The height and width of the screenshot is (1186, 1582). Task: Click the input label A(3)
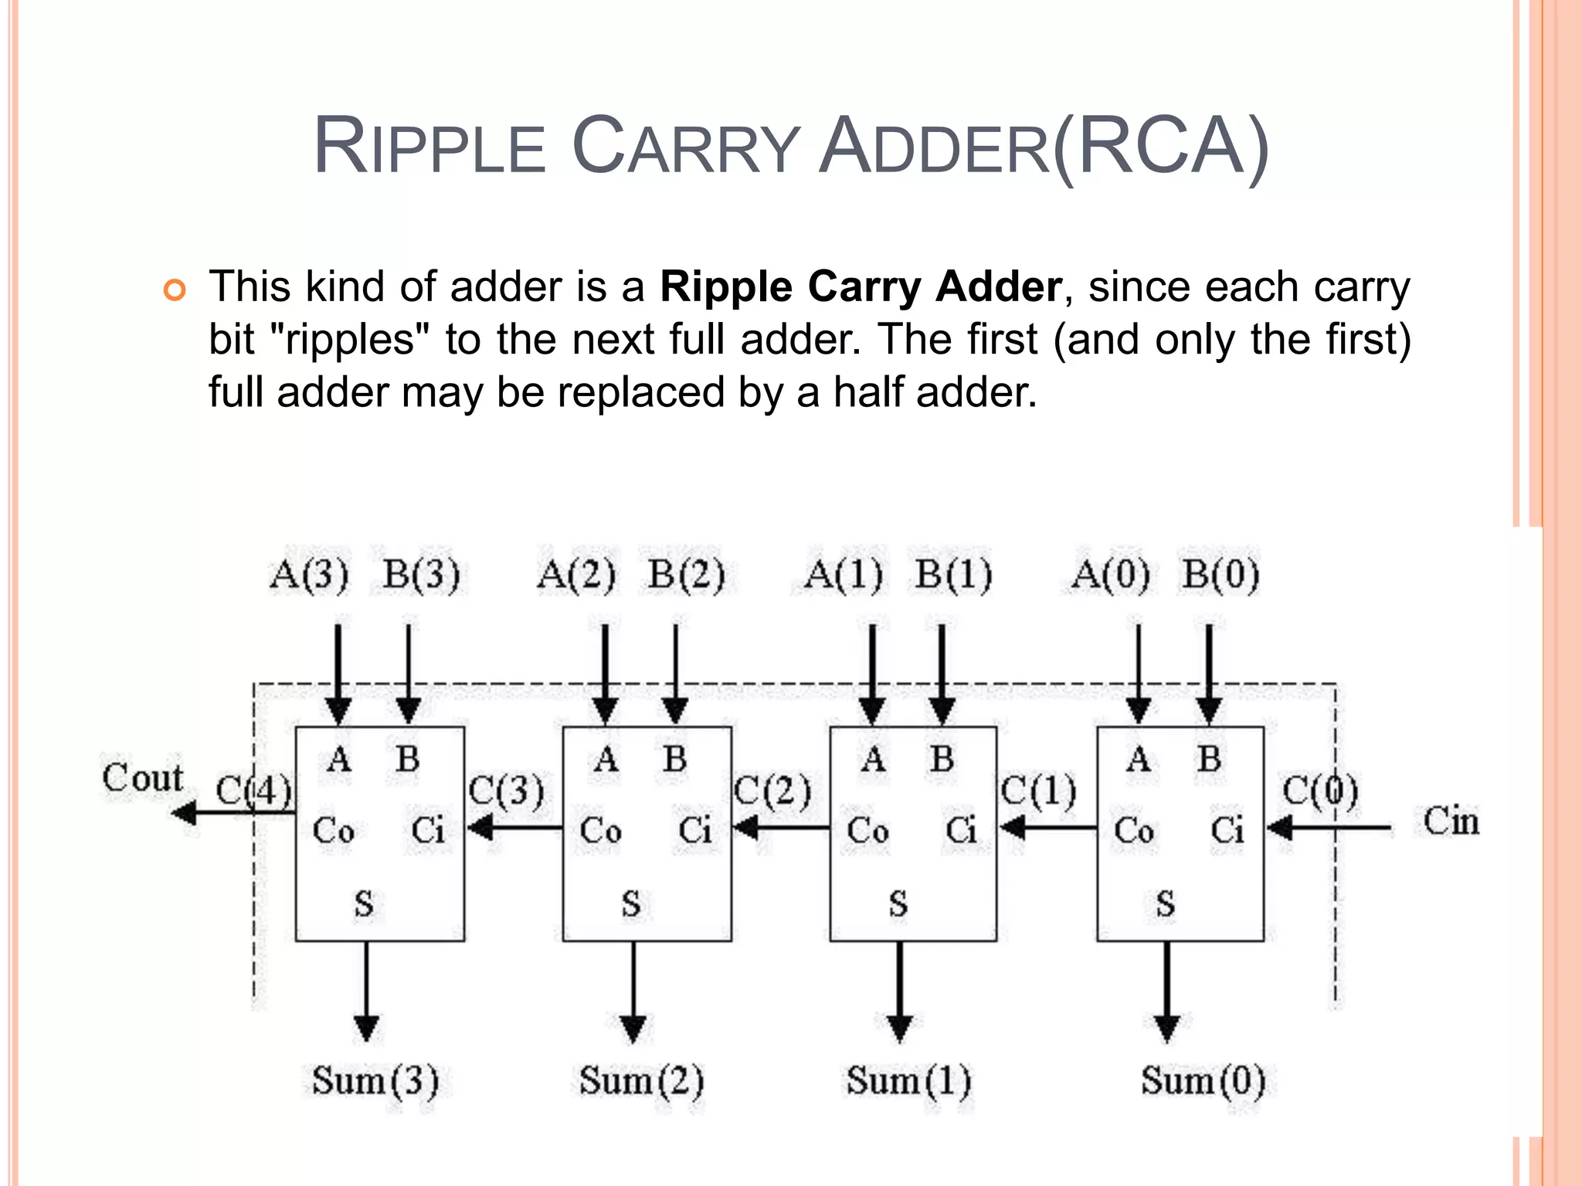tap(309, 575)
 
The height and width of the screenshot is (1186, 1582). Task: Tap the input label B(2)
tap(687, 575)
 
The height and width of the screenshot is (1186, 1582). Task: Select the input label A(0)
tap(1111, 575)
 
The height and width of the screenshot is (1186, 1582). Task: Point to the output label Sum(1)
tap(908, 1081)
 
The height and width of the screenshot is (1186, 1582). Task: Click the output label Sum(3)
tap(375, 1081)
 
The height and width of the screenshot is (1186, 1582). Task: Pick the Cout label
tap(143, 778)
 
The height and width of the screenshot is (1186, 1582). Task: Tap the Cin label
tap(1451, 822)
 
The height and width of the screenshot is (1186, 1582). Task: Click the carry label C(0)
tap(1320, 791)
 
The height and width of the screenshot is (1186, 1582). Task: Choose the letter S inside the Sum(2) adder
tap(631, 903)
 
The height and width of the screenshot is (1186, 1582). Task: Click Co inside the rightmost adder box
tap(1134, 832)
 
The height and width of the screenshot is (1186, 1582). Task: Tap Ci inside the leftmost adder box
tap(427, 832)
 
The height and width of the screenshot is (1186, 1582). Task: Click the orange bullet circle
tap(175, 291)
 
